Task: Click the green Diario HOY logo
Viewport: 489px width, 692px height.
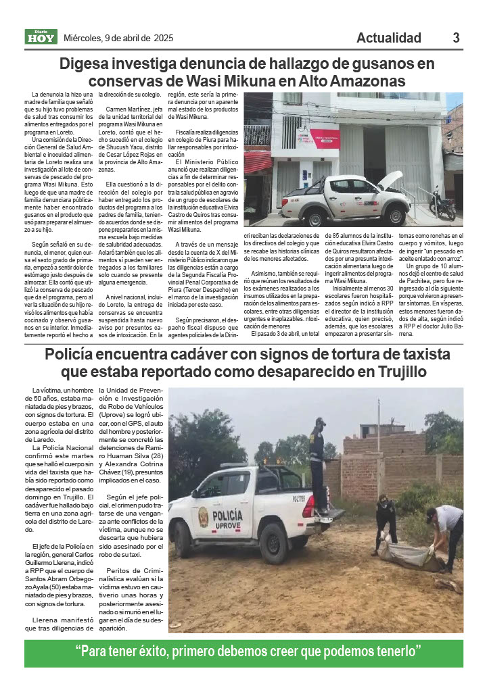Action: coord(41,38)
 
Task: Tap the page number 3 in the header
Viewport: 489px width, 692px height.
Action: coord(457,38)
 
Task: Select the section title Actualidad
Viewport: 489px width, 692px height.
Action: coord(389,38)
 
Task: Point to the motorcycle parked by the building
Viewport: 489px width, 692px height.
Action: coord(442,203)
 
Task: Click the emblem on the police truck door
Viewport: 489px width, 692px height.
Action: coord(202,518)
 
